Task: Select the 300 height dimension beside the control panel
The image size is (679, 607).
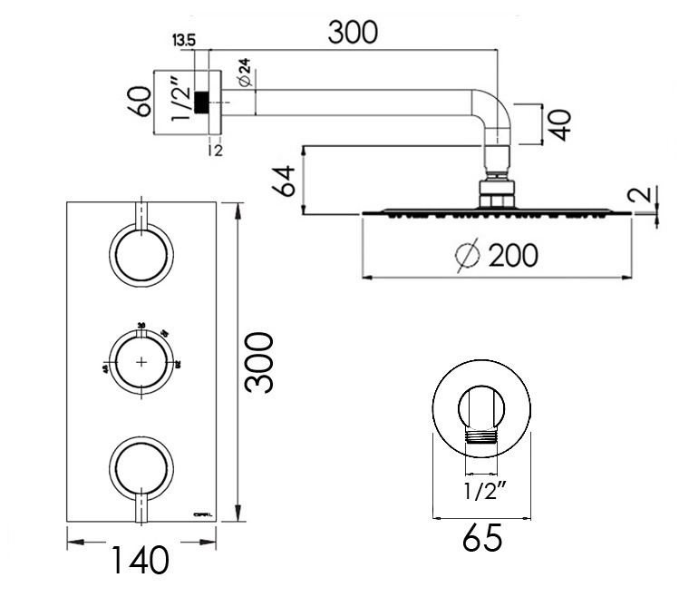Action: pyautogui.click(x=261, y=362)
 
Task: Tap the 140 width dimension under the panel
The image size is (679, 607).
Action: pyautogui.click(x=141, y=561)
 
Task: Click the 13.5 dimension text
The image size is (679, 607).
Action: pyautogui.click(x=183, y=39)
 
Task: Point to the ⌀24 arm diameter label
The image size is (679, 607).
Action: pyautogui.click(x=243, y=73)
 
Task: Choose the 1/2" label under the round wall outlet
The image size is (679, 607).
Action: pyautogui.click(x=482, y=494)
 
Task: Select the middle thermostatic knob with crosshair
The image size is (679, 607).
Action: pyautogui.click(x=141, y=361)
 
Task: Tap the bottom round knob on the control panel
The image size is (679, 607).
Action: pyautogui.click(x=141, y=467)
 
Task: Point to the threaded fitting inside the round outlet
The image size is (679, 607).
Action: pyautogui.click(x=481, y=438)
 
